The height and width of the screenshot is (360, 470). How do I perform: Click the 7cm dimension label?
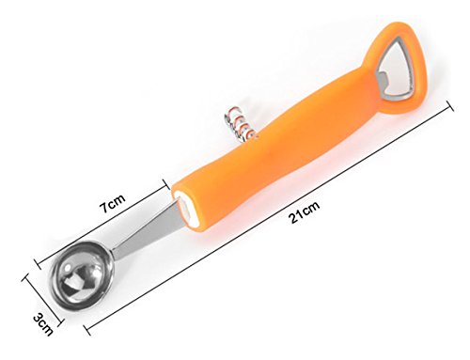[112, 203]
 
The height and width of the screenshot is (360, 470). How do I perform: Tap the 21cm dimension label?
[304, 211]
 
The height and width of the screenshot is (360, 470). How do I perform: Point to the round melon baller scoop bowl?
[81, 274]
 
